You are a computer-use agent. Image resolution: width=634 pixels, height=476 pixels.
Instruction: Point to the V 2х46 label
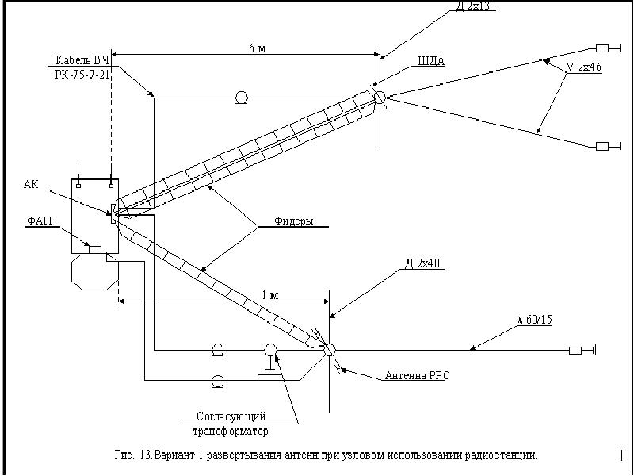tap(584, 67)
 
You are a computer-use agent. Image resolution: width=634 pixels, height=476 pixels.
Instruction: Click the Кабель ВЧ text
tap(82, 60)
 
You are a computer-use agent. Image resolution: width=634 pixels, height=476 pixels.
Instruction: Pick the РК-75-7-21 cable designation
tap(82, 73)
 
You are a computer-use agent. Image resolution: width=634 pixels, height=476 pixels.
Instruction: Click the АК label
tap(31, 184)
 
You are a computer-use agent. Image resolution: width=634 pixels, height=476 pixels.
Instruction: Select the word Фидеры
tap(294, 221)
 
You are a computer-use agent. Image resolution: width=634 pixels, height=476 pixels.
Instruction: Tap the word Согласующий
tap(231, 416)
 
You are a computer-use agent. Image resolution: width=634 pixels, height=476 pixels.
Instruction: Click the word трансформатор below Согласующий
tap(231, 432)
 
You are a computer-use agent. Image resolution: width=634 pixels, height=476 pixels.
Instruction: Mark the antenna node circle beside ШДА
tap(380, 97)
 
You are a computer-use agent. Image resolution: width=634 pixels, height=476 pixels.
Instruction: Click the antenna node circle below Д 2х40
tap(330, 348)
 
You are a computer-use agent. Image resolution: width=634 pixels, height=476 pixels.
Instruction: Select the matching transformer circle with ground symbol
tap(270, 350)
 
